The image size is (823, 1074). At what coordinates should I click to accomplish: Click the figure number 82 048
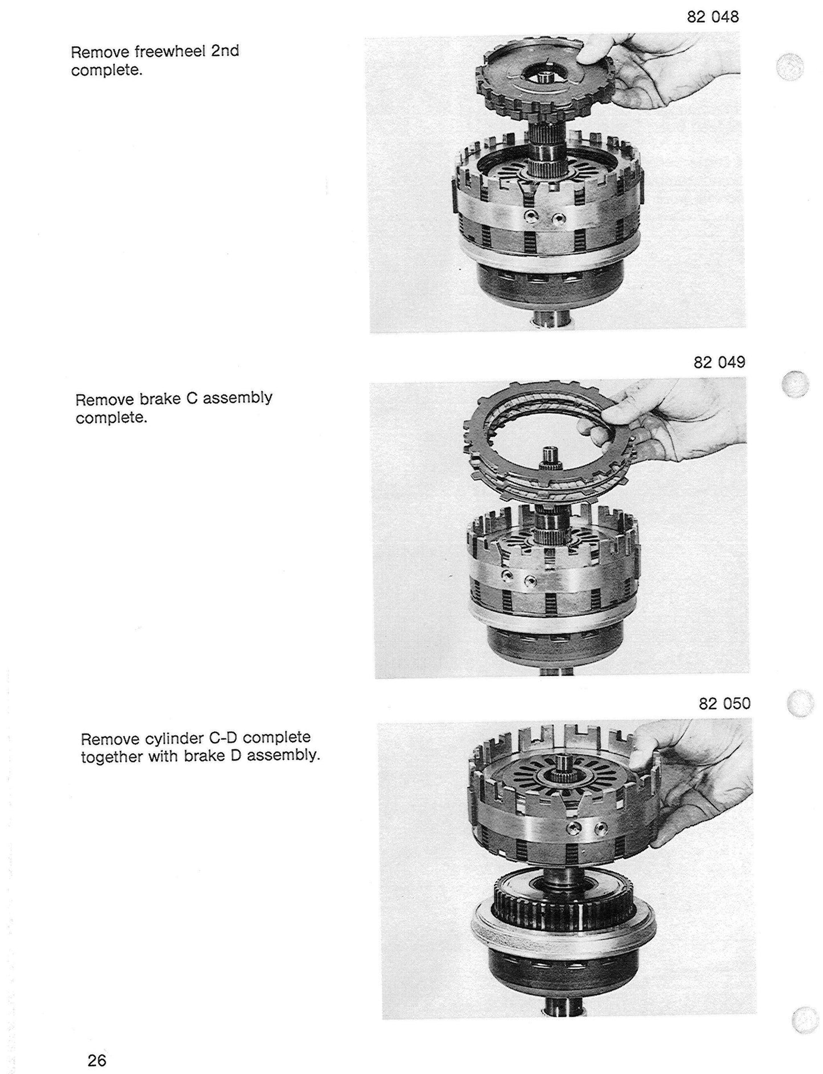coord(713,17)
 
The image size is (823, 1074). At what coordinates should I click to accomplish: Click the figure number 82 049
coord(719,362)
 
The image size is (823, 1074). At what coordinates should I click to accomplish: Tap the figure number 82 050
coord(724,704)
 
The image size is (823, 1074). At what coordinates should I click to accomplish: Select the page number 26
coord(97,1060)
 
